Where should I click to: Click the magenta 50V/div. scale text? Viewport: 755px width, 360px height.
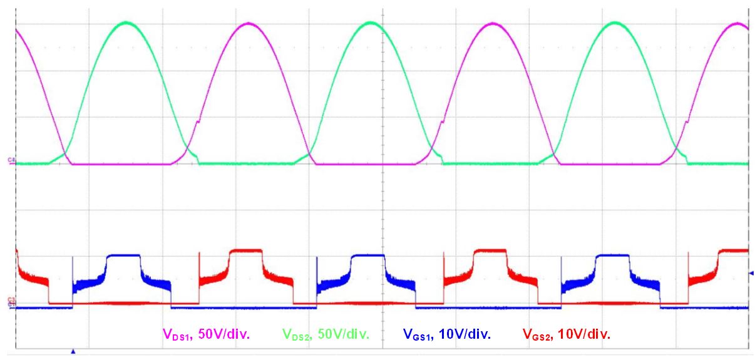point(223,335)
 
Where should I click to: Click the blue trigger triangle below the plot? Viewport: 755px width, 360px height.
point(73,352)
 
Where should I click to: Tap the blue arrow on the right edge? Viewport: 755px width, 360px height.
point(751,273)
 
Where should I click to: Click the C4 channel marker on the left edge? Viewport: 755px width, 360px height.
point(11,161)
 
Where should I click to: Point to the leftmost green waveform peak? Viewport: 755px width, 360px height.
point(127,23)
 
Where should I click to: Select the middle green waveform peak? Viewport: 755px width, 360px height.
point(371,23)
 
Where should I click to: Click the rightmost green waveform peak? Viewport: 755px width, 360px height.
point(616,23)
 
